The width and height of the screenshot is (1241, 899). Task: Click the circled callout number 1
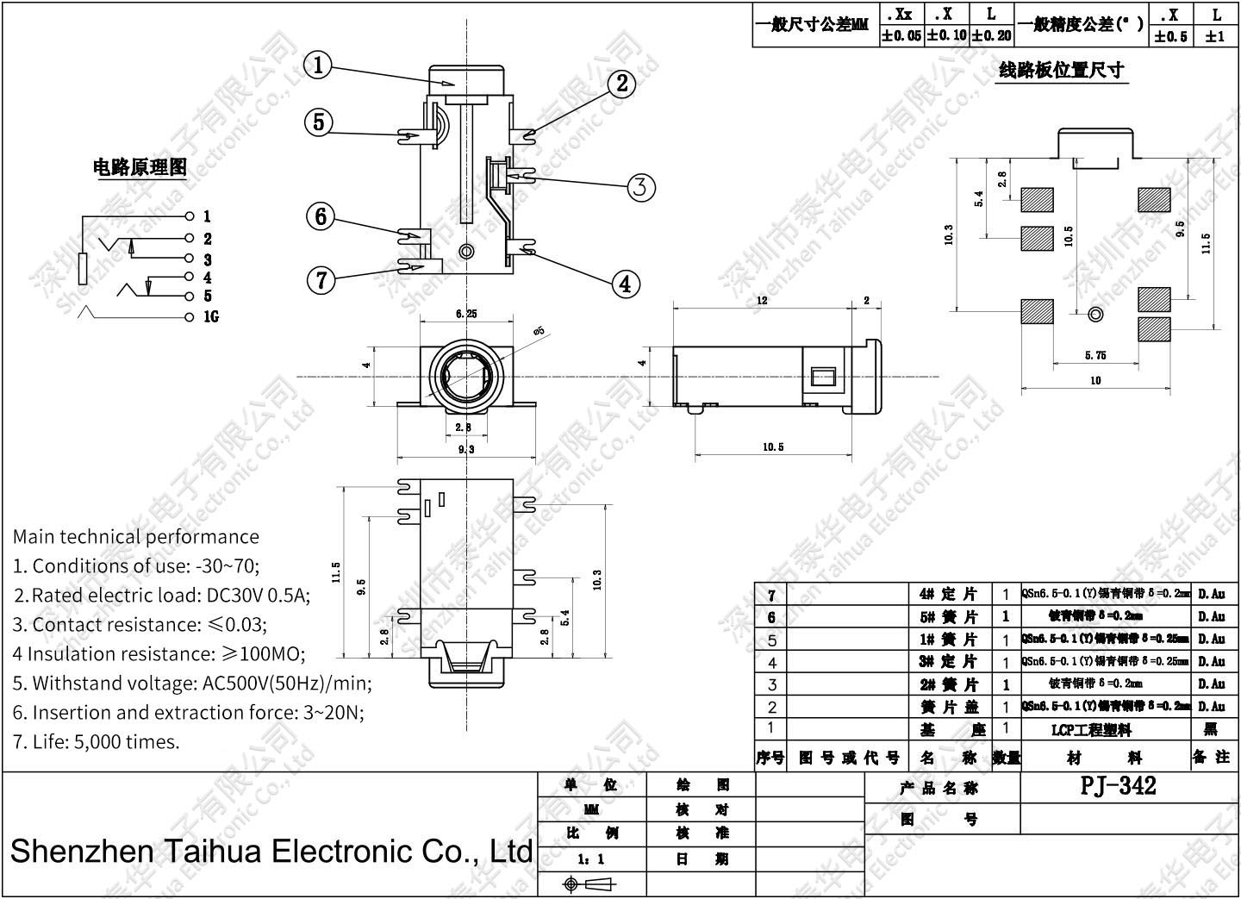(319, 66)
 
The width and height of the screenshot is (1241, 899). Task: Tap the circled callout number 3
(639, 187)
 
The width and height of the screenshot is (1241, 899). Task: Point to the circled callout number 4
(626, 283)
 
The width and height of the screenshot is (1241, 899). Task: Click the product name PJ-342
(1118, 785)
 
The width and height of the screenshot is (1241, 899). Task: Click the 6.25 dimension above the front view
(465, 315)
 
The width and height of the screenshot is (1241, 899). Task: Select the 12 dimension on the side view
(762, 302)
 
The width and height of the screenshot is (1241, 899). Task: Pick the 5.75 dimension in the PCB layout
(1095, 355)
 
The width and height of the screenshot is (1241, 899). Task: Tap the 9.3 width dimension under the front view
(465, 449)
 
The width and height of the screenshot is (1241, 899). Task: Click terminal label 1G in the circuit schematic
(210, 317)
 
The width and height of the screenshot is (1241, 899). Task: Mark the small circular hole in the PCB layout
(1095, 315)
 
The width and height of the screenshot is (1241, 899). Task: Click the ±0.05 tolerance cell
(901, 36)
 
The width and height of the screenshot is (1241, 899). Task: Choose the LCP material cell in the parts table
(1090, 730)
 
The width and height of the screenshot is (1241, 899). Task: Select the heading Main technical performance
(135, 536)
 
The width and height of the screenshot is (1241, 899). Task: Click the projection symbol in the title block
(590, 884)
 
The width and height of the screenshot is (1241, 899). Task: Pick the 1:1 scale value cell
(591, 859)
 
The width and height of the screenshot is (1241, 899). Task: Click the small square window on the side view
(823, 377)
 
